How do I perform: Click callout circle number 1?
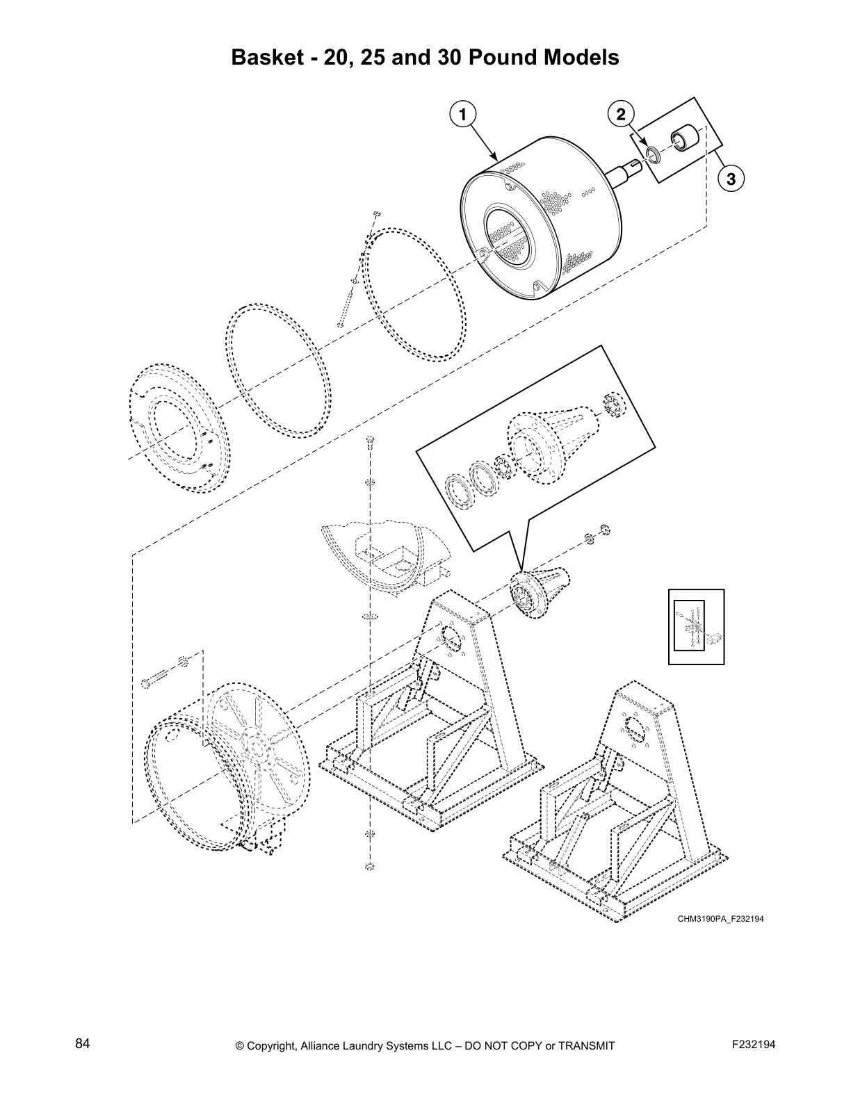click(x=461, y=114)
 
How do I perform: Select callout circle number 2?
click(x=620, y=114)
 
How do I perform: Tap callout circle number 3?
click(x=729, y=179)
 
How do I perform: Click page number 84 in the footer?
click(x=83, y=1043)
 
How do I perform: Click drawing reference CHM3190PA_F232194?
click(x=721, y=919)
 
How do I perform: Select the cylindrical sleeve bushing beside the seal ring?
click(x=681, y=138)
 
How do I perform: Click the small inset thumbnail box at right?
click(x=696, y=626)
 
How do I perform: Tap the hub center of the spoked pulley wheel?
click(x=258, y=751)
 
